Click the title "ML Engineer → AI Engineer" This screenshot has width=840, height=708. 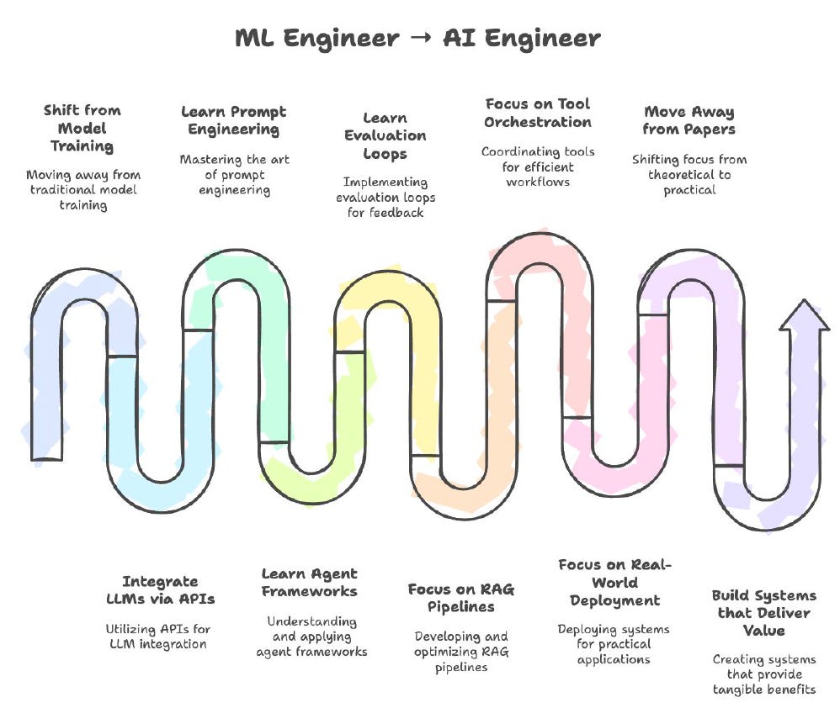(x=417, y=38)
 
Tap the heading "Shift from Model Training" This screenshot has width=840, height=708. (x=82, y=128)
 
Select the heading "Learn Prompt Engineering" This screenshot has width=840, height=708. (x=234, y=120)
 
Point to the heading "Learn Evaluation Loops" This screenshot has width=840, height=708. (x=385, y=136)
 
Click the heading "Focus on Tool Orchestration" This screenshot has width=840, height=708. (x=538, y=113)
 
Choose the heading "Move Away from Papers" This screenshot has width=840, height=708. (x=688, y=120)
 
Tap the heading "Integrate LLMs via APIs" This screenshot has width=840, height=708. (x=160, y=589)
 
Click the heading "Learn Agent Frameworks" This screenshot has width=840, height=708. (x=309, y=582)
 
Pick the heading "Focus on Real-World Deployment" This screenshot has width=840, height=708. (x=614, y=582)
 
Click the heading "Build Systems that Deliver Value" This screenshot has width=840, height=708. (x=763, y=613)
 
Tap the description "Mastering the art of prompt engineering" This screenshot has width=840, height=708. (x=234, y=174)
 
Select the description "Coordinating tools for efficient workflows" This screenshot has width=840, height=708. (x=538, y=166)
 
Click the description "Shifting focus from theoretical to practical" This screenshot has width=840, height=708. (x=688, y=174)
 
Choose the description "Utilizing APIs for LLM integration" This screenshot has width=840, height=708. (x=157, y=637)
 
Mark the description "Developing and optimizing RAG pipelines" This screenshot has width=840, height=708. (x=461, y=653)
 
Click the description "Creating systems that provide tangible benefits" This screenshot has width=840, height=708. (x=763, y=674)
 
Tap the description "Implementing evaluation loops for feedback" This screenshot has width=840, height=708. (x=385, y=198)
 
